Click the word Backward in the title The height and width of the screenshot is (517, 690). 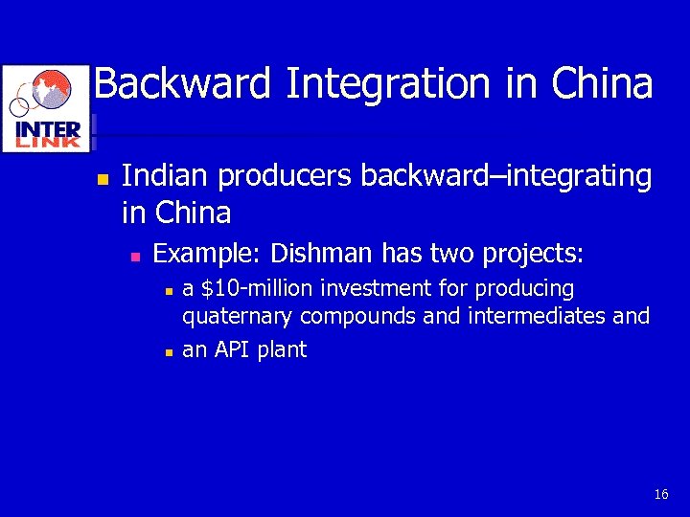[x=183, y=84]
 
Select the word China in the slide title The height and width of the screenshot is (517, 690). [x=602, y=84]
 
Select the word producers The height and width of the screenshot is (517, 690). [x=284, y=176]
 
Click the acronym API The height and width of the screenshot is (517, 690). [x=232, y=350]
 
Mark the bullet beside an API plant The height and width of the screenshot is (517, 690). [x=168, y=352]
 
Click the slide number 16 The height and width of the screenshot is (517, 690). [x=660, y=495]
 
